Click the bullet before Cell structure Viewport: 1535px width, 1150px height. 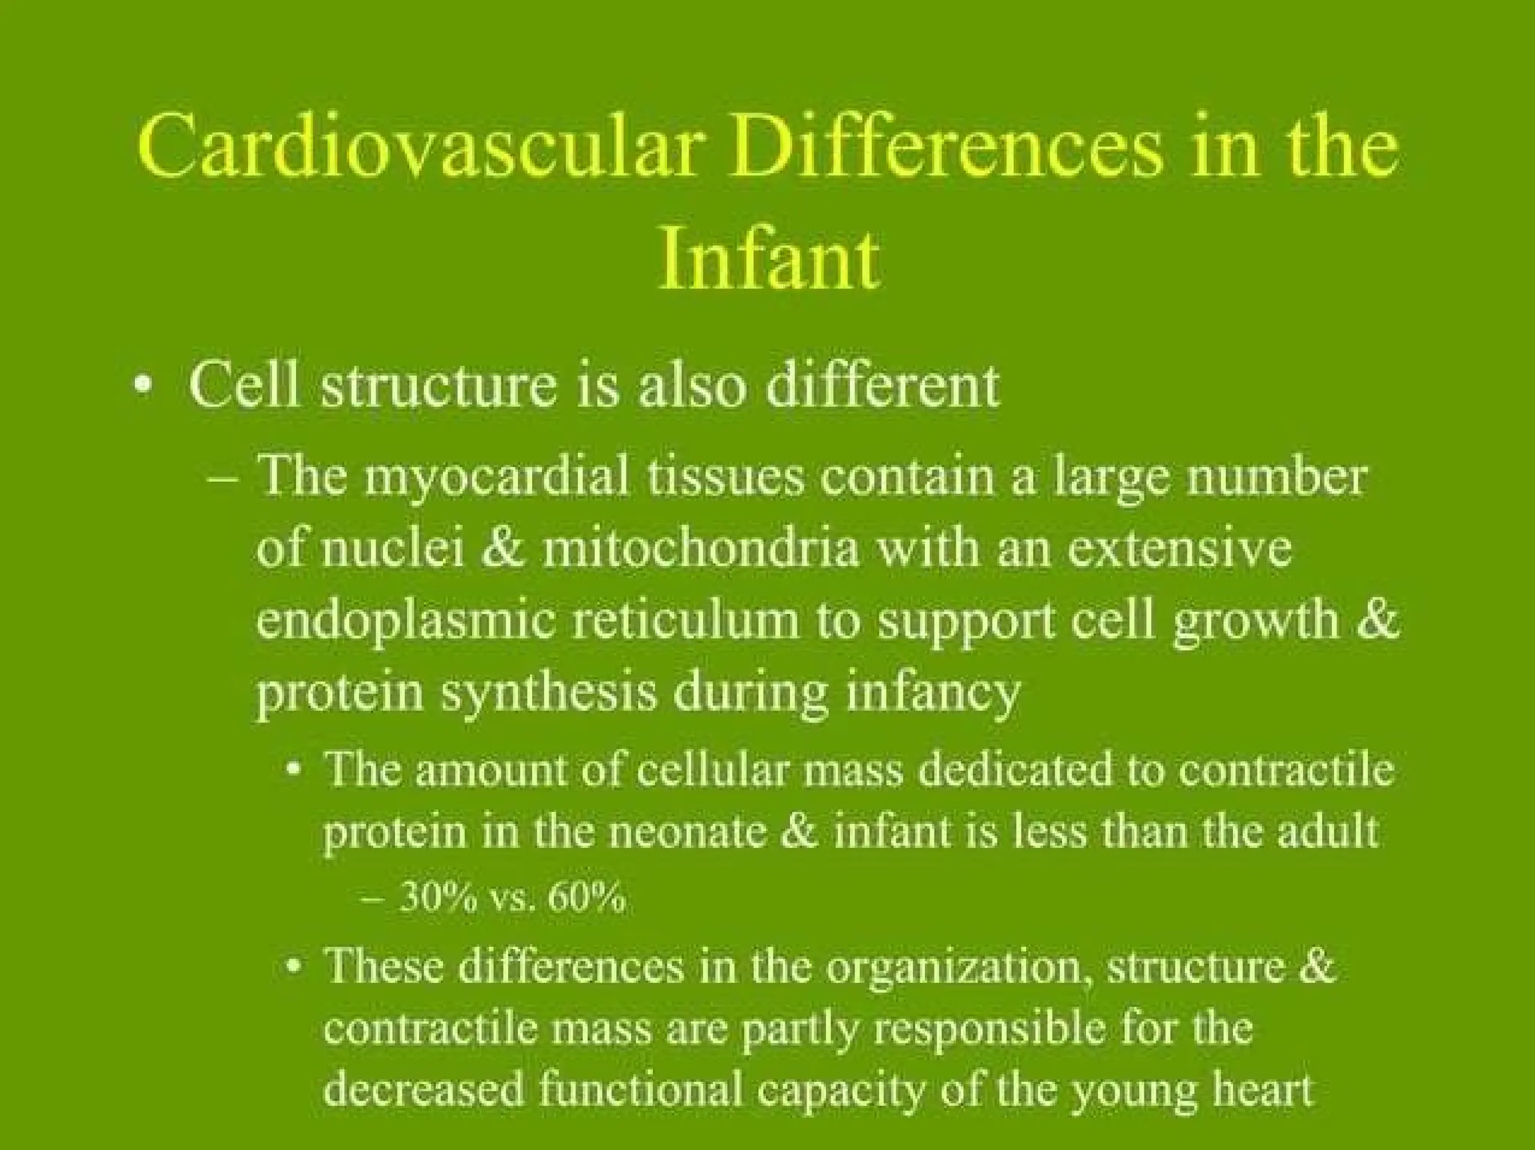pyautogui.click(x=142, y=388)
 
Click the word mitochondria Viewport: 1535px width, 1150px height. pyautogui.click(x=699, y=549)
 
